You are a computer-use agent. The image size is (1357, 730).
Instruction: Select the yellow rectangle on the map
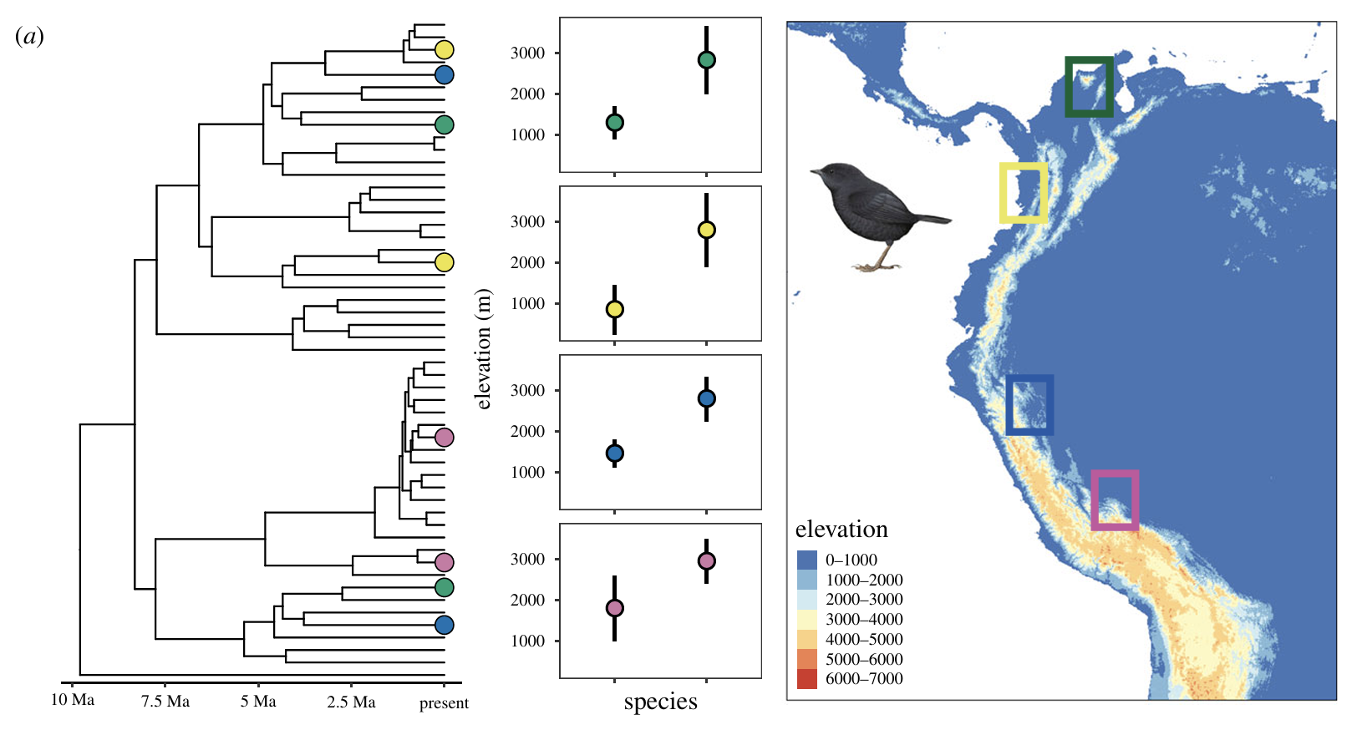tap(1003, 192)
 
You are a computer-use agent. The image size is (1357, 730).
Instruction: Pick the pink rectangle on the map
tap(1095, 500)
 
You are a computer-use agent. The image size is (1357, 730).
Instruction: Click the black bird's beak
tap(814, 172)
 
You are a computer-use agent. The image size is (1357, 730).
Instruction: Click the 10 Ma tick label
tap(72, 700)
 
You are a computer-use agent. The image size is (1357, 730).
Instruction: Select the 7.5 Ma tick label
tap(165, 702)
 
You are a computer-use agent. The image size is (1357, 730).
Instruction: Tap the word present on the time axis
tap(444, 703)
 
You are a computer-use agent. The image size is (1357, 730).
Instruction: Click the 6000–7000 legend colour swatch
tap(807, 679)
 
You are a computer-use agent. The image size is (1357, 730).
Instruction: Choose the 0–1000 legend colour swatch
tap(807, 560)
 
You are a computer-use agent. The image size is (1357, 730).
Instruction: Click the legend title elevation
tap(841, 529)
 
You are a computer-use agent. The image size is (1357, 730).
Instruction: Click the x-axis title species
tap(660, 702)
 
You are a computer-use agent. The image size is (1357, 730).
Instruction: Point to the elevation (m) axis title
tap(484, 349)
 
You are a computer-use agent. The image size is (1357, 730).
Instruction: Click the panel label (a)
tap(29, 37)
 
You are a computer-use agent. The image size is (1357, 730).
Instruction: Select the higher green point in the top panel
tap(706, 60)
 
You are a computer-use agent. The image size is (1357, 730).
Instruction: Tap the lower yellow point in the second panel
tap(615, 309)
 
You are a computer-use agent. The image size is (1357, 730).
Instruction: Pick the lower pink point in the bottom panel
tap(615, 608)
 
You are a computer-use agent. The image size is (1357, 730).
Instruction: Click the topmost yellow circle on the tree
tap(444, 49)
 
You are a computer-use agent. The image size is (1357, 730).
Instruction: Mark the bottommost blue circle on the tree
tap(444, 625)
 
